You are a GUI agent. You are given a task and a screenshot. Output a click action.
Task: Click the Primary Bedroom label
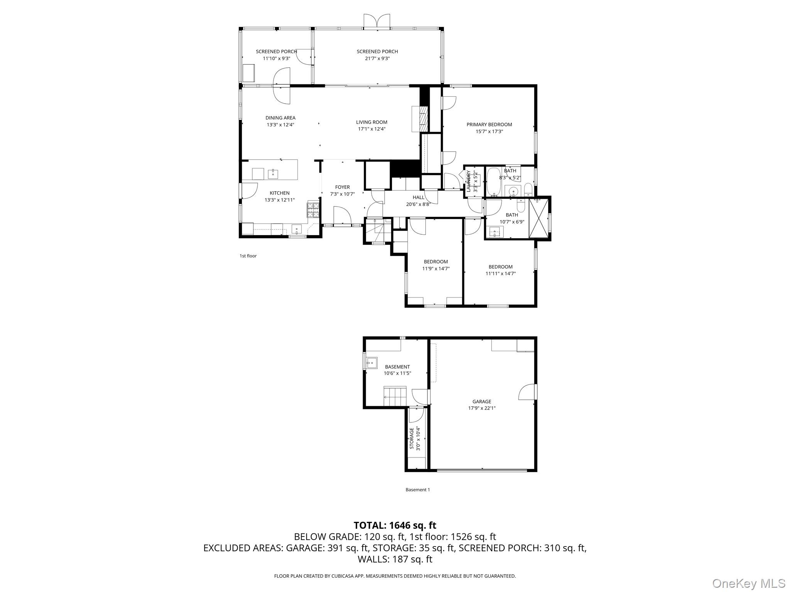[x=489, y=124]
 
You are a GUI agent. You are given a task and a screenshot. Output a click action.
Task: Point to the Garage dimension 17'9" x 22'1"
[x=482, y=408]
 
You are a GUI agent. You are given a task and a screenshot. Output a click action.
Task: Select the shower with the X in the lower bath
[x=538, y=218]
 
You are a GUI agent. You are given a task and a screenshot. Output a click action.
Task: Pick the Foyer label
[x=342, y=187]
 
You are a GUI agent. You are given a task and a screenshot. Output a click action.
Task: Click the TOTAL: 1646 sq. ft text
[x=395, y=525]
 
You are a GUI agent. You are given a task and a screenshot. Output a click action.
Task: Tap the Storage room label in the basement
[x=412, y=438]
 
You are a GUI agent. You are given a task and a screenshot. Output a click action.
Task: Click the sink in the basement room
[x=372, y=363]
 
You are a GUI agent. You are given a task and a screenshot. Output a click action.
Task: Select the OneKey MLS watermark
[x=749, y=583]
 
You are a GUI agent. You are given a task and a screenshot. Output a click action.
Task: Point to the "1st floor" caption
[x=248, y=256]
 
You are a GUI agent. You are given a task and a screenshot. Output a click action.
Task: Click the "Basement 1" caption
[x=417, y=490]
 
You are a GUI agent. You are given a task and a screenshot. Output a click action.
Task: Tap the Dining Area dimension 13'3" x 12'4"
[x=280, y=125]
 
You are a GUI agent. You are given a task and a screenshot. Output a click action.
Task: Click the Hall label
[x=418, y=197]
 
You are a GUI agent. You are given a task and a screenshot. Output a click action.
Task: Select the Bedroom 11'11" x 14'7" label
[x=500, y=267]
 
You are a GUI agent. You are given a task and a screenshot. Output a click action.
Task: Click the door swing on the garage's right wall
[x=527, y=392]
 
